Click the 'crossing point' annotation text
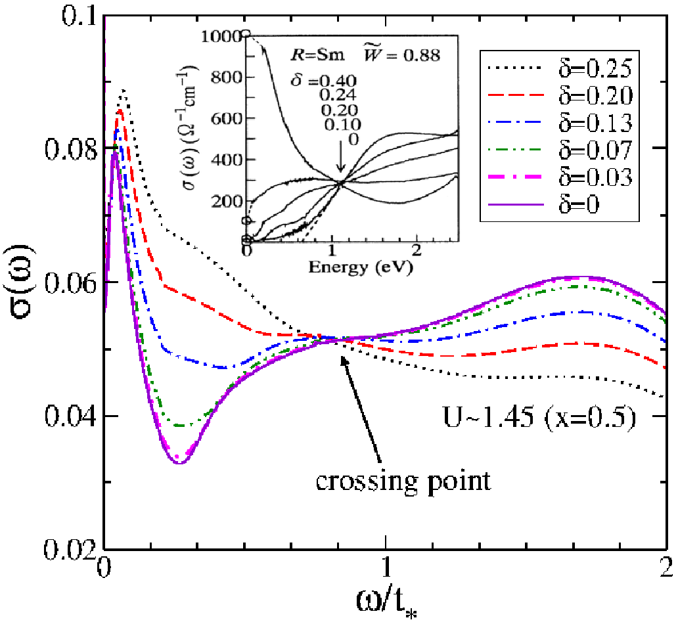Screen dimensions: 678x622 (x=403, y=481)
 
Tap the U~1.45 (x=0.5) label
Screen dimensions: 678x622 (x=539, y=418)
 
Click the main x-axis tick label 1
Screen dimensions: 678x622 (x=386, y=567)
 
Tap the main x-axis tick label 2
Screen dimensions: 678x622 (x=666, y=567)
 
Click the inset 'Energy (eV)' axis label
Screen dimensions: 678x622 (x=361, y=267)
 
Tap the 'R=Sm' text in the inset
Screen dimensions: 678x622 (x=317, y=55)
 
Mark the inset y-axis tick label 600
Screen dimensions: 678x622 (x=227, y=118)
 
